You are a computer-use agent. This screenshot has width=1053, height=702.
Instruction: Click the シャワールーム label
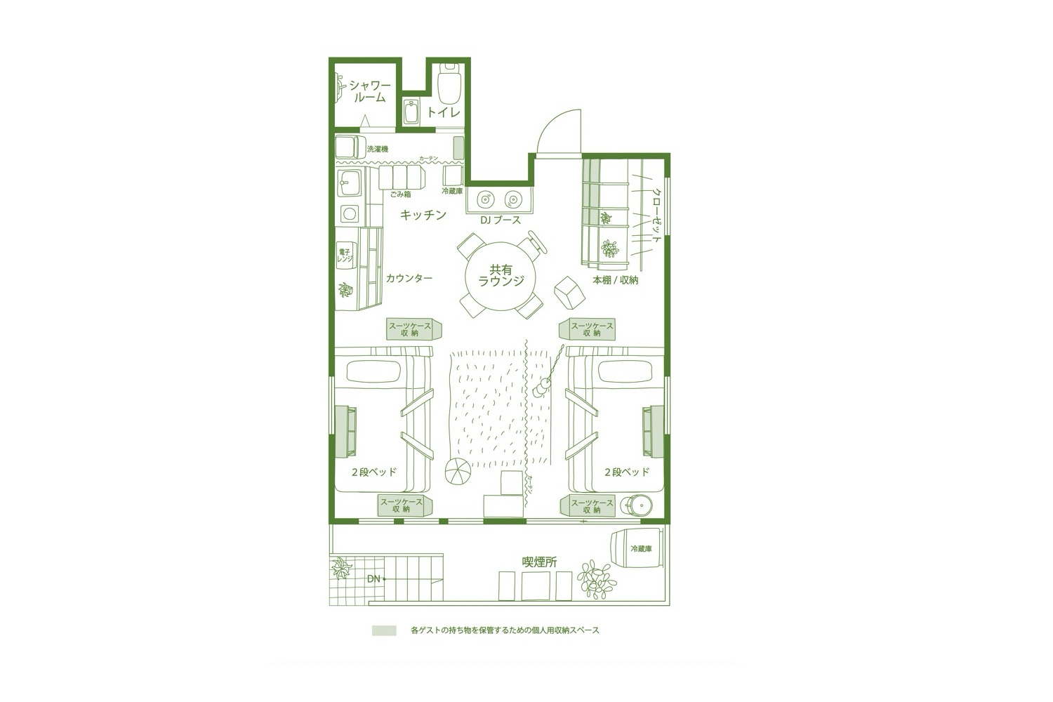point(370,91)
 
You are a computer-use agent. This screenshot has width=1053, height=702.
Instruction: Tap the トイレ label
point(444,112)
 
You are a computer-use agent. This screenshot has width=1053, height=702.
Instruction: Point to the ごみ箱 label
point(400,194)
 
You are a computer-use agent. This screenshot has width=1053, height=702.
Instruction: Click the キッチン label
point(423,216)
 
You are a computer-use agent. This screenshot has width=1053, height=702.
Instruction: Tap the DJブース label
point(501,220)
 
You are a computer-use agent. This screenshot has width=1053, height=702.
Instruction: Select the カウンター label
point(409,278)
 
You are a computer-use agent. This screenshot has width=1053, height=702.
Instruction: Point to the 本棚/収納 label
point(616,280)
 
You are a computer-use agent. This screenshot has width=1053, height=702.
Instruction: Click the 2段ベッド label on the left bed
point(374,472)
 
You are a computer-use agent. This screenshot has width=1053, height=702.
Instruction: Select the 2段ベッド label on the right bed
point(627,472)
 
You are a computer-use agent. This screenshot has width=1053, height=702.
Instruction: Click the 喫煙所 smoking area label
point(540,562)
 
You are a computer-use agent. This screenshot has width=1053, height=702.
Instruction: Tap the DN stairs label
point(374,578)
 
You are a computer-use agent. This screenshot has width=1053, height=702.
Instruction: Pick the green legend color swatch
point(384,630)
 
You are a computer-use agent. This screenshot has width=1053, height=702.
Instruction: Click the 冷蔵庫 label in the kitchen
point(452,191)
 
